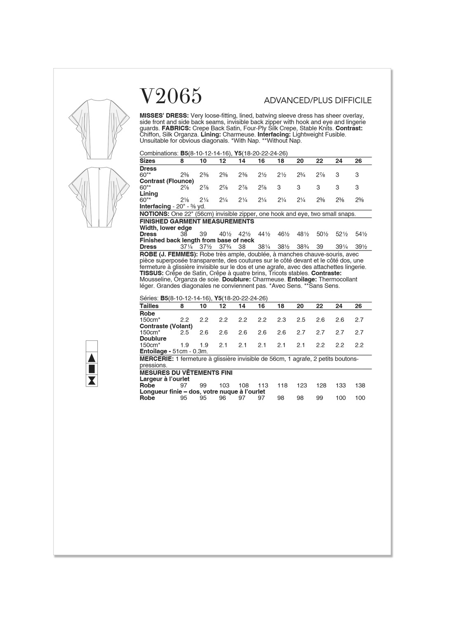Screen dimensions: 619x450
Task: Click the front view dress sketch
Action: (x=90, y=129)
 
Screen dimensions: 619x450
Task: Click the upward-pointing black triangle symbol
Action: (x=92, y=358)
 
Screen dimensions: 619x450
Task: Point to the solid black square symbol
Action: (x=92, y=369)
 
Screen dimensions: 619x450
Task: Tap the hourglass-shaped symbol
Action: (x=92, y=380)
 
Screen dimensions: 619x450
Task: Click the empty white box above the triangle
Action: (x=92, y=346)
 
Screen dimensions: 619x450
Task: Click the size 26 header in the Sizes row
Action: (x=358, y=161)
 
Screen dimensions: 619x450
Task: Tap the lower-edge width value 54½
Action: (x=361, y=234)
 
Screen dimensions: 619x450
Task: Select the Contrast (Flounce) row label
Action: (x=167, y=181)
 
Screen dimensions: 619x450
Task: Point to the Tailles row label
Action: (x=150, y=306)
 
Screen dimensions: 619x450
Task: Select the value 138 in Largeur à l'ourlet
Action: (x=360, y=385)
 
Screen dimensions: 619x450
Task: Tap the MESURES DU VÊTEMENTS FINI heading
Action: (x=186, y=373)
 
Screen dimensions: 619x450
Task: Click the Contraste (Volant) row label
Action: (x=166, y=326)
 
